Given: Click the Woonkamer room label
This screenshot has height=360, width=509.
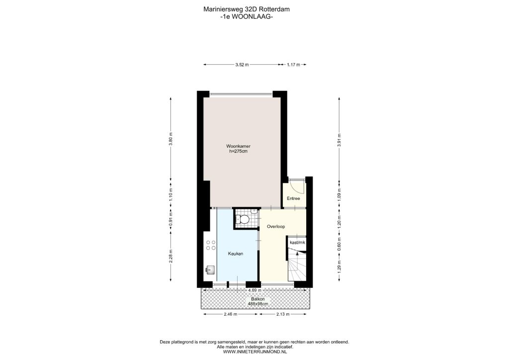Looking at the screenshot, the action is point(238,146).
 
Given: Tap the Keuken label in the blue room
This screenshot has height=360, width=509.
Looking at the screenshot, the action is point(235,254).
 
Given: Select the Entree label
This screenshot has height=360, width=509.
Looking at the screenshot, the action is point(293,198).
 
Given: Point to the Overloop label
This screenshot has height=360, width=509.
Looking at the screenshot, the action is point(276,226).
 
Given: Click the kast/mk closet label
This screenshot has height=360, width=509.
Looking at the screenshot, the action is point(297,242).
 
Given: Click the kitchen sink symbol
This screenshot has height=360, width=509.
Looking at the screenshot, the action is point(210,270).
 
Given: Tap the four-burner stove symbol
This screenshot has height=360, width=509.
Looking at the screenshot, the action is point(211,245).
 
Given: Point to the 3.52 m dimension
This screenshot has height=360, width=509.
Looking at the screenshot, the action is point(242,65).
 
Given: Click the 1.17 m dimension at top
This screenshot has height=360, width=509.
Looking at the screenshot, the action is point(293,65).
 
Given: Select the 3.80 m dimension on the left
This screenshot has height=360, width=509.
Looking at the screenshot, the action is point(171,139).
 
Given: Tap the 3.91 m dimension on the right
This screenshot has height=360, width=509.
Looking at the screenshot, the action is point(339,140).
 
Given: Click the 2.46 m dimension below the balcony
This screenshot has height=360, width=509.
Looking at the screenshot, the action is point(231,314).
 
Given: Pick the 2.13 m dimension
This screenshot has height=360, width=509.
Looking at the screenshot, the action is point(283,314).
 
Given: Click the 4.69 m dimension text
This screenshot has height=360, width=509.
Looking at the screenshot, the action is point(252,290).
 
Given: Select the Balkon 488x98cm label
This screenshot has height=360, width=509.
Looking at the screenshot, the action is point(258,301).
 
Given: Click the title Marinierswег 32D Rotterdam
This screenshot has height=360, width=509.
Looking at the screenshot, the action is point(247,9).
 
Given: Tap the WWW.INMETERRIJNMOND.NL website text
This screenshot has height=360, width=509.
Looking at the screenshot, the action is point(255,351).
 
